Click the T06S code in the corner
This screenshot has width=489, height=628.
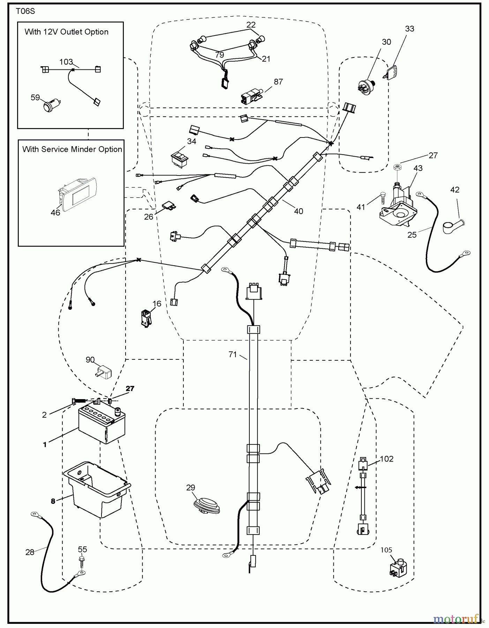tap(25, 11)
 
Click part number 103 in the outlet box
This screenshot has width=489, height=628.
tap(66, 62)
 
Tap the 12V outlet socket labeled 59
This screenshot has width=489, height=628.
tap(51, 104)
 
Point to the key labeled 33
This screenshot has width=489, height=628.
tap(391, 72)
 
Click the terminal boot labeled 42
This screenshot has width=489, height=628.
tap(453, 226)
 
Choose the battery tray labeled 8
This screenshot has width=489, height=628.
tap(96, 488)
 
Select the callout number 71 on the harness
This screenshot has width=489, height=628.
tap(233, 354)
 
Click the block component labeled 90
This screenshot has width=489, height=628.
tap(103, 372)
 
